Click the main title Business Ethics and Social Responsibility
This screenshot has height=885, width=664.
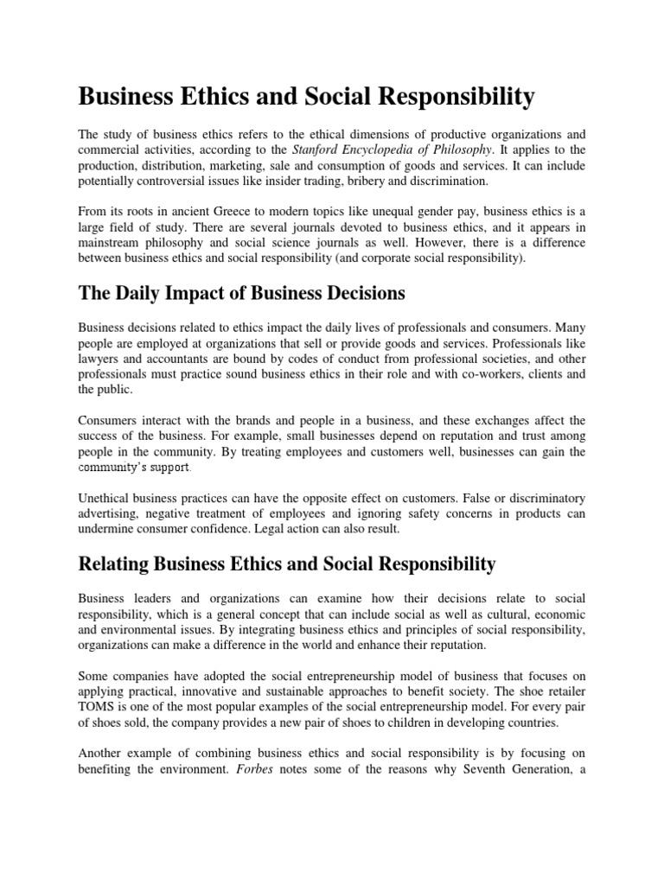[307, 97]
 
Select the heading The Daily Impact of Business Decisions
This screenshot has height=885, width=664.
[242, 293]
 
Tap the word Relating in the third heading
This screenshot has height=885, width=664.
[114, 564]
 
